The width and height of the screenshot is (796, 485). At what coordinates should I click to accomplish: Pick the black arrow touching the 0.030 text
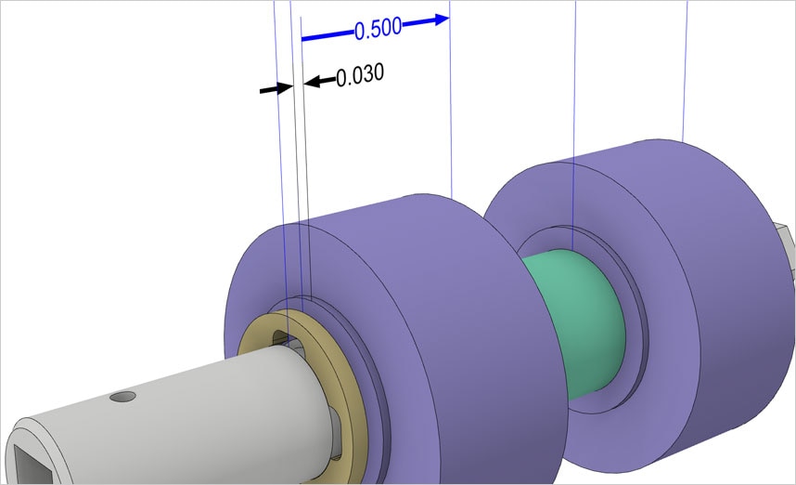pos(318,82)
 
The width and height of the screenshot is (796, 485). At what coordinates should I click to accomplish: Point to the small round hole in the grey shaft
pos(122,397)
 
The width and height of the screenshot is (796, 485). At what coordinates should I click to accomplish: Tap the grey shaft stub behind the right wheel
pos(786,245)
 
